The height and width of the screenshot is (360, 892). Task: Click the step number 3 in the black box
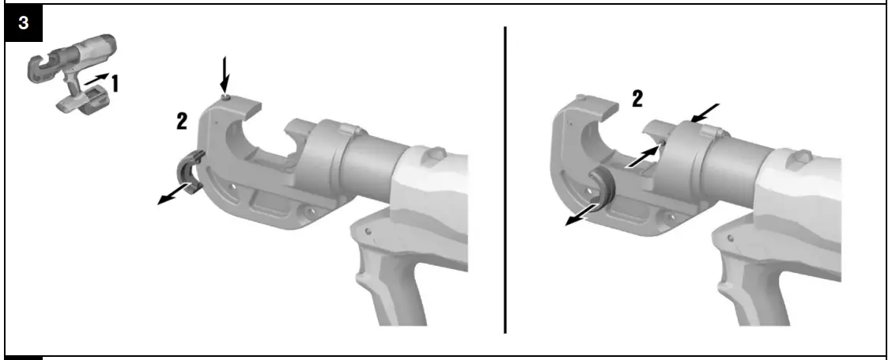[24, 24]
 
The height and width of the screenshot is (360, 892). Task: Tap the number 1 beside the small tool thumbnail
[115, 82]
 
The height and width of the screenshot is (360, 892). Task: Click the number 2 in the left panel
[182, 121]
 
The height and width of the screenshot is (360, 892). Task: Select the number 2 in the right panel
[636, 98]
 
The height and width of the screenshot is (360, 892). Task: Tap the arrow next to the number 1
[96, 80]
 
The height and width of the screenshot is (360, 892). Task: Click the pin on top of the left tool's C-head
[226, 97]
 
